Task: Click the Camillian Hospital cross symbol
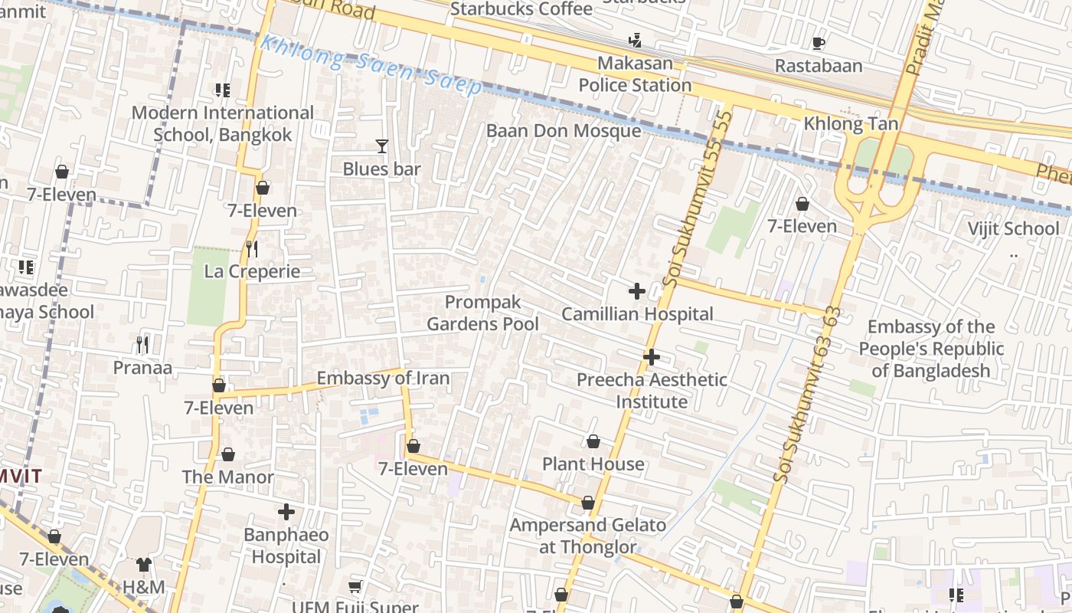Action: point(636,291)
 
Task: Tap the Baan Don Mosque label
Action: point(564,131)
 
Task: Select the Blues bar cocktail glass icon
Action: point(381,146)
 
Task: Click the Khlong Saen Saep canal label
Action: point(371,64)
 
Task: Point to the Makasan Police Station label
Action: point(635,74)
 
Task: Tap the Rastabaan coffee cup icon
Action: point(818,43)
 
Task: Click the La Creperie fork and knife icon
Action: point(251,248)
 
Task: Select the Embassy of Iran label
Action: point(383,379)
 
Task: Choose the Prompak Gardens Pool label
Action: point(482,313)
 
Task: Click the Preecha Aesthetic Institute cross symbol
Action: point(652,357)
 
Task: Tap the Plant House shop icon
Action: point(593,441)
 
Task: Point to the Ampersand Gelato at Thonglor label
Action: point(588,536)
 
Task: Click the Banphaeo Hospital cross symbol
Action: point(286,512)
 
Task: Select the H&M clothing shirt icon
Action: point(144,565)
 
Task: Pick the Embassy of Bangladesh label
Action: point(931,349)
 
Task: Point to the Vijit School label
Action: point(1013,228)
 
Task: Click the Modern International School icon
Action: point(223,90)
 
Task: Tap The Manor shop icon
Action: point(228,454)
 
